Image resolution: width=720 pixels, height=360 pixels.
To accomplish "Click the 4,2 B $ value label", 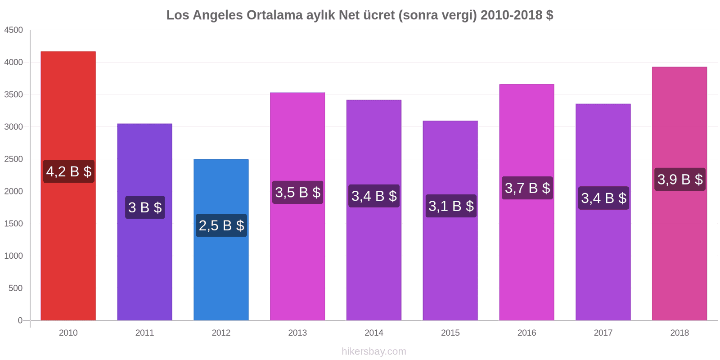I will pyautogui.click(x=69, y=171).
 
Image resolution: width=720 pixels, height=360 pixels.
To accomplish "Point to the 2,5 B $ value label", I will pyautogui.click(x=221, y=225).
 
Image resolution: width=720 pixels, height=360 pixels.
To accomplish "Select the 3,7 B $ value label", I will pyautogui.click(x=527, y=188).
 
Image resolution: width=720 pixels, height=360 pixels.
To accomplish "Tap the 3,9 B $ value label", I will pyautogui.click(x=679, y=180).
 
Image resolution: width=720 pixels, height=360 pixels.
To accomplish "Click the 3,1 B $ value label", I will pyautogui.click(x=451, y=206).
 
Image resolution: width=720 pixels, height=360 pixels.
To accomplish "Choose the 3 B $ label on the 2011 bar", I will pyautogui.click(x=145, y=207).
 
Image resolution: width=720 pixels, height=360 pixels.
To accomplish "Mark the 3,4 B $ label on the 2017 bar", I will pyautogui.click(x=603, y=198).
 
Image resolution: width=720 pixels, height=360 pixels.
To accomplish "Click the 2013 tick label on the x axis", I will pyautogui.click(x=297, y=333).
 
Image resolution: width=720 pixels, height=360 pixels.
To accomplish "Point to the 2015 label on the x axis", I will pyautogui.click(x=450, y=333).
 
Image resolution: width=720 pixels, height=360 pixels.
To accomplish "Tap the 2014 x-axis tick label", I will pyautogui.click(x=374, y=333).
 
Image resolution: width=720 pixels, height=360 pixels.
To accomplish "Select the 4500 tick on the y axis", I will pyautogui.click(x=13, y=30).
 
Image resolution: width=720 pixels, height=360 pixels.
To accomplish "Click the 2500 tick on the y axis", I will pyautogui.click(x=13, y=159).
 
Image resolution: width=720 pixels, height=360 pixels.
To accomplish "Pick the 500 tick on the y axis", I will pyautogui.click(x=15, y=288).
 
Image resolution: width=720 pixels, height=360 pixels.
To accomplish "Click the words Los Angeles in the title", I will pyautogui.click(x=204, y=15).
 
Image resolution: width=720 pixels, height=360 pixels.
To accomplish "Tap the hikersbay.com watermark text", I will pyautogui.click(x=373, y=351).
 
